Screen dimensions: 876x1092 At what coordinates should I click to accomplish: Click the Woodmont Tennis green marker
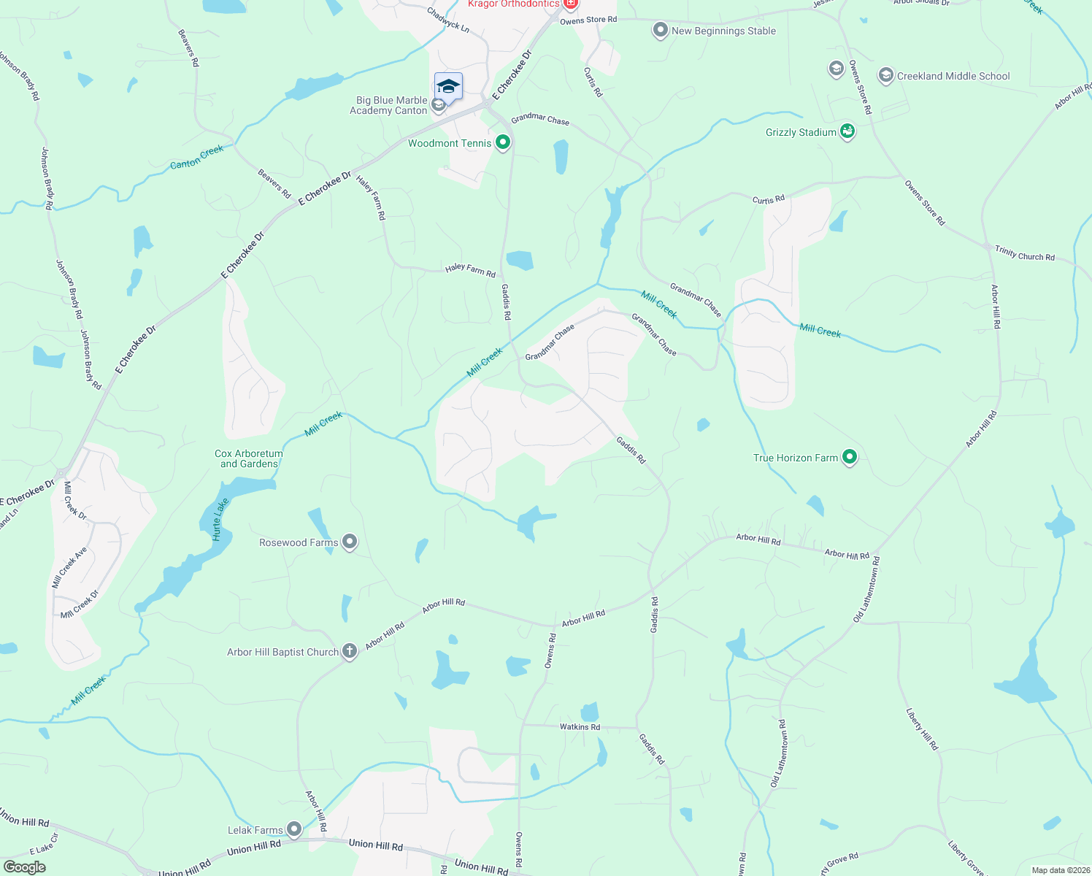click(502, 142)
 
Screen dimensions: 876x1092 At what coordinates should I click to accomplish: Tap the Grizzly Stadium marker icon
click(847, 132)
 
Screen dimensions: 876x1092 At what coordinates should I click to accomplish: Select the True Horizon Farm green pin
click(849, 458)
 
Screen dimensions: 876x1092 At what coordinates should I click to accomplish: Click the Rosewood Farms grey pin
click(350, 542)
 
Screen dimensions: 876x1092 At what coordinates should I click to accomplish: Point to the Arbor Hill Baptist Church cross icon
click(350, 651)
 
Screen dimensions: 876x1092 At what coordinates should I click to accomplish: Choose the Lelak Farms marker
click(293, 829)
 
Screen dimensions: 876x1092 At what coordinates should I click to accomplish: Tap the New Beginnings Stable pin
click(660, 31)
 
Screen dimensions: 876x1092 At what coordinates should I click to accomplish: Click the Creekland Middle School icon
click(885, 76)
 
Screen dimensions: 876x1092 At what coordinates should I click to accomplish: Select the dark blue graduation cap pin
click(448, 88)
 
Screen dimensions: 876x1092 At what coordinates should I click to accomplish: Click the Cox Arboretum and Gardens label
click(249, 458)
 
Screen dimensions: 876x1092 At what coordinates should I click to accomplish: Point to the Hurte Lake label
click(220, 519)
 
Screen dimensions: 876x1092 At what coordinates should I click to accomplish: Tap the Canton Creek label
click(197, 157)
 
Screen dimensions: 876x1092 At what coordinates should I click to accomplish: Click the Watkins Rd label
click(580, 727)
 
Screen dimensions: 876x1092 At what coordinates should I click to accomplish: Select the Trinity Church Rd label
click(1025, 254)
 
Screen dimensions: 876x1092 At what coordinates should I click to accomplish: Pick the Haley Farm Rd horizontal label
click(470, 271)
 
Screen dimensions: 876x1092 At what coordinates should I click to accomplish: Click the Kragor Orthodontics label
click(514, 4)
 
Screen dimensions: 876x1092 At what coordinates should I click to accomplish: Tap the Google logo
click(24, 867)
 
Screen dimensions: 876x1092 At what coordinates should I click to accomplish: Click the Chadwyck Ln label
click(447, 19)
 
